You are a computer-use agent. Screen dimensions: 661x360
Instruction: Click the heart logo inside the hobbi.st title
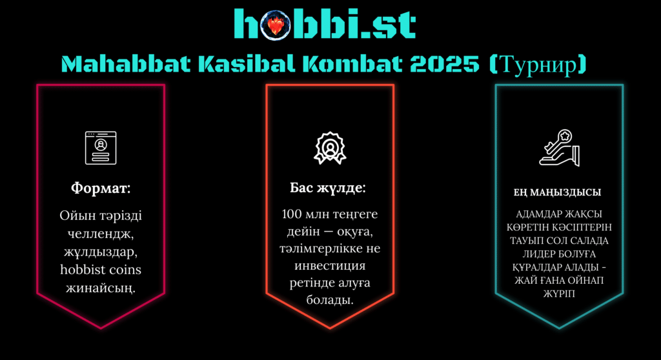[x=275, y=25]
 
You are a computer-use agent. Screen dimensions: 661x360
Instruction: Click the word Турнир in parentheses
[x=538, y=65]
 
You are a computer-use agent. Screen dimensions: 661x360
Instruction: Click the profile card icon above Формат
[x=101, y=148]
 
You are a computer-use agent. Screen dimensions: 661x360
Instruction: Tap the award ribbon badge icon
[x=330, y=148]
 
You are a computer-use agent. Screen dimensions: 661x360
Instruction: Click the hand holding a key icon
[x=560, y=148]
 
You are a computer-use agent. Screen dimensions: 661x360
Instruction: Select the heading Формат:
[x=101, y=188]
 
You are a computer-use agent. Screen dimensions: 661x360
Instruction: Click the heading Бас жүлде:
[x=328, y=188]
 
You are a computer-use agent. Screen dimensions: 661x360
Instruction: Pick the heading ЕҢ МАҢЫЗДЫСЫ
[x=557, y=193]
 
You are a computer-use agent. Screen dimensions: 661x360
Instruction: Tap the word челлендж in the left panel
[x=101, y=234]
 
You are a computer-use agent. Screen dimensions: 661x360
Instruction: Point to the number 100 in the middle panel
[x=292, y=214]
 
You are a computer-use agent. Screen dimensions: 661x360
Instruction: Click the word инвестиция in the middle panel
[x=330, y=266]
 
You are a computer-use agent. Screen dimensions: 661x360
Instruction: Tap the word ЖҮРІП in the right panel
[x=559, y=294]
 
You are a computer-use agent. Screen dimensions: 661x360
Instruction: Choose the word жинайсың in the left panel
[x=101, y=289]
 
